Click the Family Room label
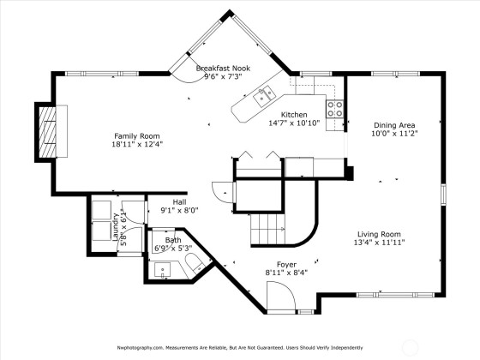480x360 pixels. (x=137, y=136)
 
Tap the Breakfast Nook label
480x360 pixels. (x=223, y=68)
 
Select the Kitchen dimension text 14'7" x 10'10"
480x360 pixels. (x=294, y=123)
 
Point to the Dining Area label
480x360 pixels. (x=394, y=125)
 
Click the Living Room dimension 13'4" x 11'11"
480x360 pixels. (x=379, y=243)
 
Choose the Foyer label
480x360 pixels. (x=286, y=265)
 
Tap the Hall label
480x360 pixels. (x=179, y=202)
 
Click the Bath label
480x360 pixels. (x=173, y=240)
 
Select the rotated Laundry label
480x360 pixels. (x=116, y=227)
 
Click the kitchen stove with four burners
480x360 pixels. (x=334, y=109)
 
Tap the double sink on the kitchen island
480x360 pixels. (x=264, y=96)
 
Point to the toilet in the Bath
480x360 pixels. (x=195, y=262)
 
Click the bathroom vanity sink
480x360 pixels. (x=162, y=270)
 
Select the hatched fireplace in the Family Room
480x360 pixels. (x=47, y=132)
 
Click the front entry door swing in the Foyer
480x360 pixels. (x=281, y=296)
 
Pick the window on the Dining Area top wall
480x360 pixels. (x=395, y=74)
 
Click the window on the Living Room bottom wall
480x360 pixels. (x=395, y=295)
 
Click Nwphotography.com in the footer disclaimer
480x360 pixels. (x=139, y=348)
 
